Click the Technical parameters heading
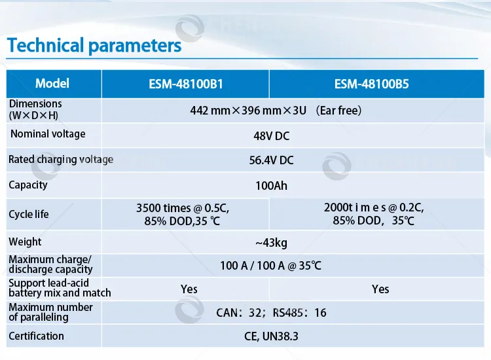tap(94, 46)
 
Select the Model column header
tap(52, 84)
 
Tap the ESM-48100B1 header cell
tap(185, 84)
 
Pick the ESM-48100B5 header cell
tap(372, 84)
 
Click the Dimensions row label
tap(35, 109)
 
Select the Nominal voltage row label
tap(48, 134)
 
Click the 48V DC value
tap(271, 136)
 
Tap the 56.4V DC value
tap(271, 160)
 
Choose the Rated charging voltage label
tap(61, 160)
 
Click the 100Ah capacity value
tap(271, 186)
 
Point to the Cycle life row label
tap(29, 215)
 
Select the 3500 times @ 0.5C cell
tap(183, 214)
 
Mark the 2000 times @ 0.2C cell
tap(374, 214)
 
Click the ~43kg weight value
tap(271, 243)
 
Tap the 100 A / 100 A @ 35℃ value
tap(271, 266)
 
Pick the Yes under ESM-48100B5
tap(380, 289)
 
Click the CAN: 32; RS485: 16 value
tap(271, 313)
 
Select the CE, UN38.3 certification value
tap(271, 337)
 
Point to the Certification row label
tap(37, 336)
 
